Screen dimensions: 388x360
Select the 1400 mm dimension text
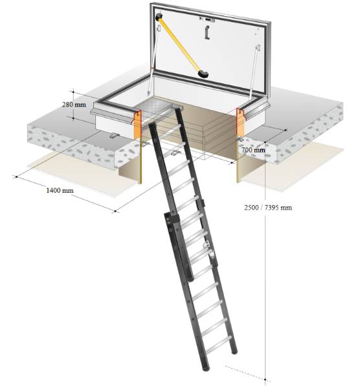pos(59,191)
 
